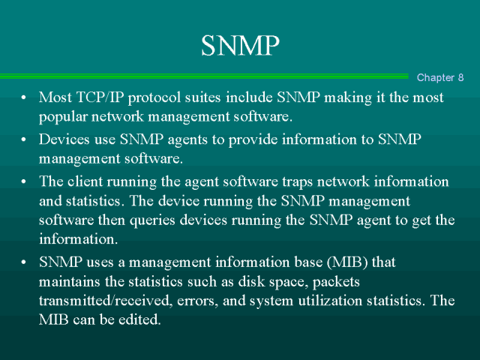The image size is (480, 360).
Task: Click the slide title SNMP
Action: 240,45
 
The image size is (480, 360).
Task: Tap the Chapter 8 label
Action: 440,77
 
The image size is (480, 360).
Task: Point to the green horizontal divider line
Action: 204,76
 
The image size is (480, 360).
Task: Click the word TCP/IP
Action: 100,97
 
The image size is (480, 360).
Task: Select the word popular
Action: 63,117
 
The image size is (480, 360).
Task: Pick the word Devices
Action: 64,139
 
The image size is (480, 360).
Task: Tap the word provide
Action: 253,140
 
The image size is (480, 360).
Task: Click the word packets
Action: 336,282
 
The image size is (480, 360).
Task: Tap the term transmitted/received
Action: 104,301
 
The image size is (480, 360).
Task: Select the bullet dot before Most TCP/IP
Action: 23,97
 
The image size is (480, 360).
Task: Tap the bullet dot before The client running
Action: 23,181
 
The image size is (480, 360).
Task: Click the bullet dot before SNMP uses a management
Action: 23,262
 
